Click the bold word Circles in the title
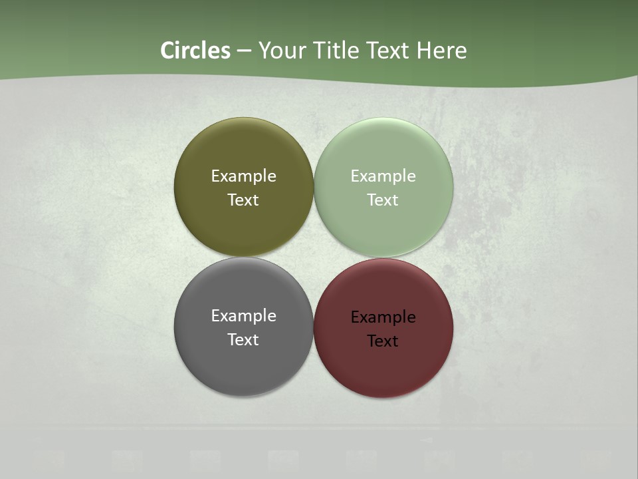pyautogui.click(x=195, y=51)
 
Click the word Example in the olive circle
pyautogui.click(x=243, y=176)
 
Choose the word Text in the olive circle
pyautogui.click(x=243, y=200)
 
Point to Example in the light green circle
pyautogui.click(x=383, y=176)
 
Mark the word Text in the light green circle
pyautogui.click(x=383, y=200)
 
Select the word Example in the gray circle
pyautogui.click(x=243, y=316)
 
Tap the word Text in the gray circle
pyautogui.click(x=243, y=340)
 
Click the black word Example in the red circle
pyautogui.click(x=383, y=317)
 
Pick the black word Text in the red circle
pyautogui.click(x=383, y=341)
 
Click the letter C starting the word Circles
pyautogui.click(x=167, y=51)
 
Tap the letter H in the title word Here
pyautogui.click(x=424, y=51)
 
